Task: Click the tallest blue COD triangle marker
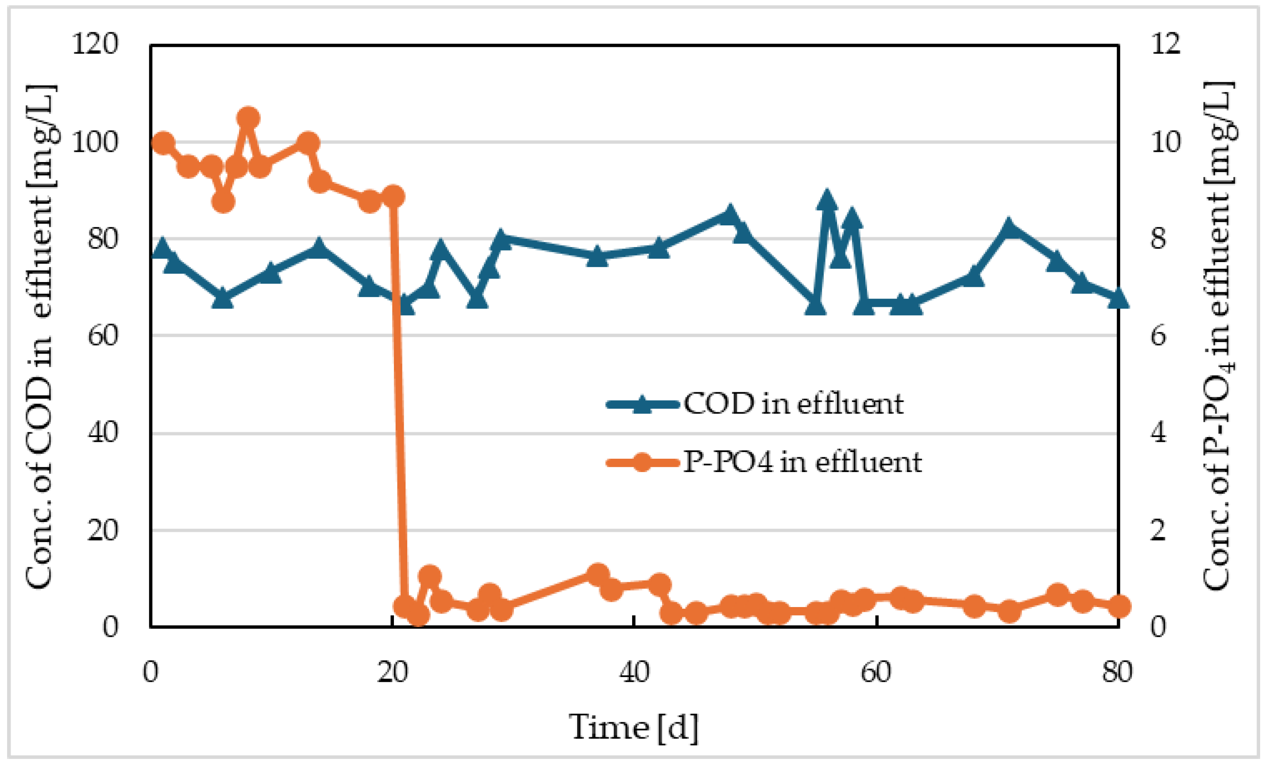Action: coord(827,200)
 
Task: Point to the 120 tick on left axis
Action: coord(95,43)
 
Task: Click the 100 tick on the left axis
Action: coord(95,142)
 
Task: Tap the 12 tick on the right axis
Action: coord(1166,43)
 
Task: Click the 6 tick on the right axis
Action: coord(1158,336)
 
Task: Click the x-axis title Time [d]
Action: coord(633,727)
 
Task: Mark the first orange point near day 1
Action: coord(163,143)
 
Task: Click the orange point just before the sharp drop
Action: coord(393,196)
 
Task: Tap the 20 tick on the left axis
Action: coord(102,530)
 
